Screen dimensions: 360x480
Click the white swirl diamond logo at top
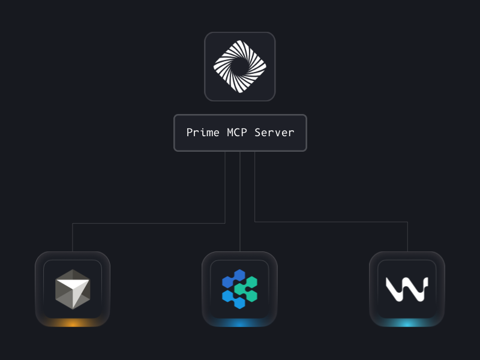click(240, 66)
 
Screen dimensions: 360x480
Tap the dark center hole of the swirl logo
click(240, 67)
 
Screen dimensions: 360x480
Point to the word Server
click(274, 133)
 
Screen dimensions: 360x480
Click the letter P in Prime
click(190, 133)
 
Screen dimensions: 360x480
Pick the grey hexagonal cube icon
click(73, 289)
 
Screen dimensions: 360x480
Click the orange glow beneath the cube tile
click(73, 324)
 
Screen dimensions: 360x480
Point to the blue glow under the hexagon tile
click(239, 324)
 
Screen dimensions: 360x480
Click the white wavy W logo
click(407, 289)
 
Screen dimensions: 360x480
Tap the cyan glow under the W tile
click(407, 324)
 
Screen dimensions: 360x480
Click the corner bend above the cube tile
click(73, 224)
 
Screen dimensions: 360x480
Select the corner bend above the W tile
click(407, 222)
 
